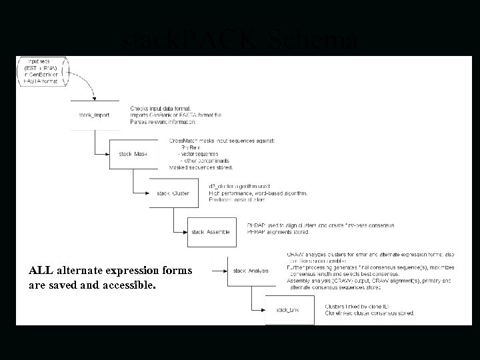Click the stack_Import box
coord(94,115)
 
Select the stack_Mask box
coord(133,154)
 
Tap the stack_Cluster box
coord(173,193)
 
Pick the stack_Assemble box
coord(211,232)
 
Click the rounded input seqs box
coord(41,71)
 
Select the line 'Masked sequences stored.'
coord(200,167)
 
